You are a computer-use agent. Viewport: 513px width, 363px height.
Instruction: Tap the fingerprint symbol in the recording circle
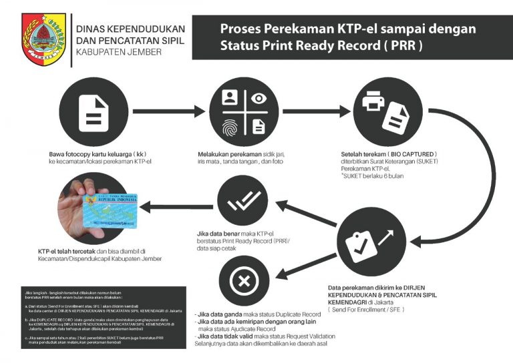[x=229, y=125]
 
